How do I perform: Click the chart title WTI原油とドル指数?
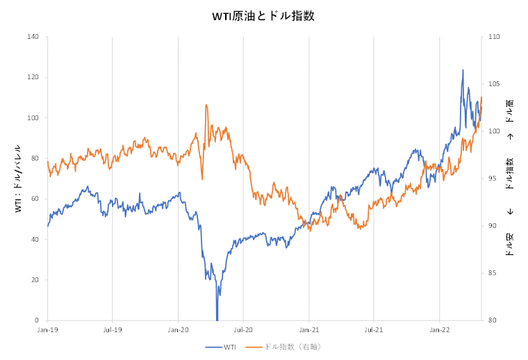tap(263, 16)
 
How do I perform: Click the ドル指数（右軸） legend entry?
tap(292, 346)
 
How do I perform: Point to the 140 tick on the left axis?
tap(33, 36)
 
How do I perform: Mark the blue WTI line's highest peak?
tap(463, 70)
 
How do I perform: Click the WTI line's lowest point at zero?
tap(217, 319)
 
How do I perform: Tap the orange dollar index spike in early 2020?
tap(206, 106)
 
